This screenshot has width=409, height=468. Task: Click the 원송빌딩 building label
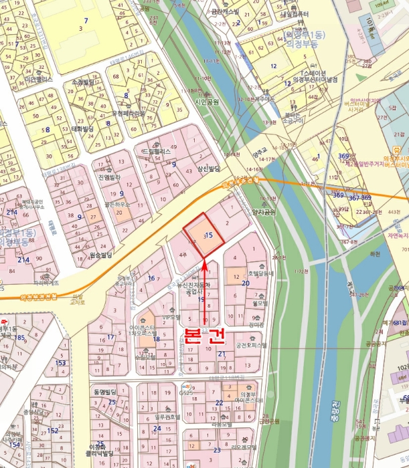[101, 255]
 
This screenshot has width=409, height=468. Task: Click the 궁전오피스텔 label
[251, 346]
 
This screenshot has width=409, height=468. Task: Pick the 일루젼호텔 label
[167, 417]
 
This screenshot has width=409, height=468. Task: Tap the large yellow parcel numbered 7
[85, 29]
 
